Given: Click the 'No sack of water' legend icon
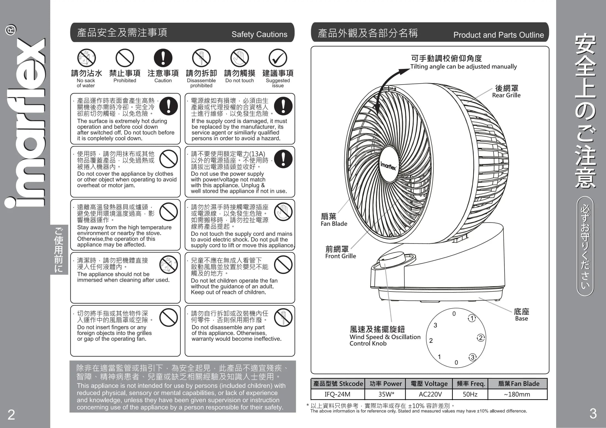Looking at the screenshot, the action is [86, 58].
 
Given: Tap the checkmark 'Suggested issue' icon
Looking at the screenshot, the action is [278, 58].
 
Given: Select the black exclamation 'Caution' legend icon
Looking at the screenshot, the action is [163, 58].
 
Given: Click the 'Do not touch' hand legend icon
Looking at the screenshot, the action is [240, 58].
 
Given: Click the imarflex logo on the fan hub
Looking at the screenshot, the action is [388, 166].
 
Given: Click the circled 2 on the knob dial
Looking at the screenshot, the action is [481, 338].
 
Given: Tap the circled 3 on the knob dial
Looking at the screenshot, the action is [472, 357].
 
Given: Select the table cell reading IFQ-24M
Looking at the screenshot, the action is [338, 394].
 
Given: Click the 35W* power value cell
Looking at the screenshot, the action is [385, 394].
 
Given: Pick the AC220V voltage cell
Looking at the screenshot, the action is [429, 394].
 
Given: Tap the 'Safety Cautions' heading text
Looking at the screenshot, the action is [260, 34].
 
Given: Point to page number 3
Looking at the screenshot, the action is [593, 414].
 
